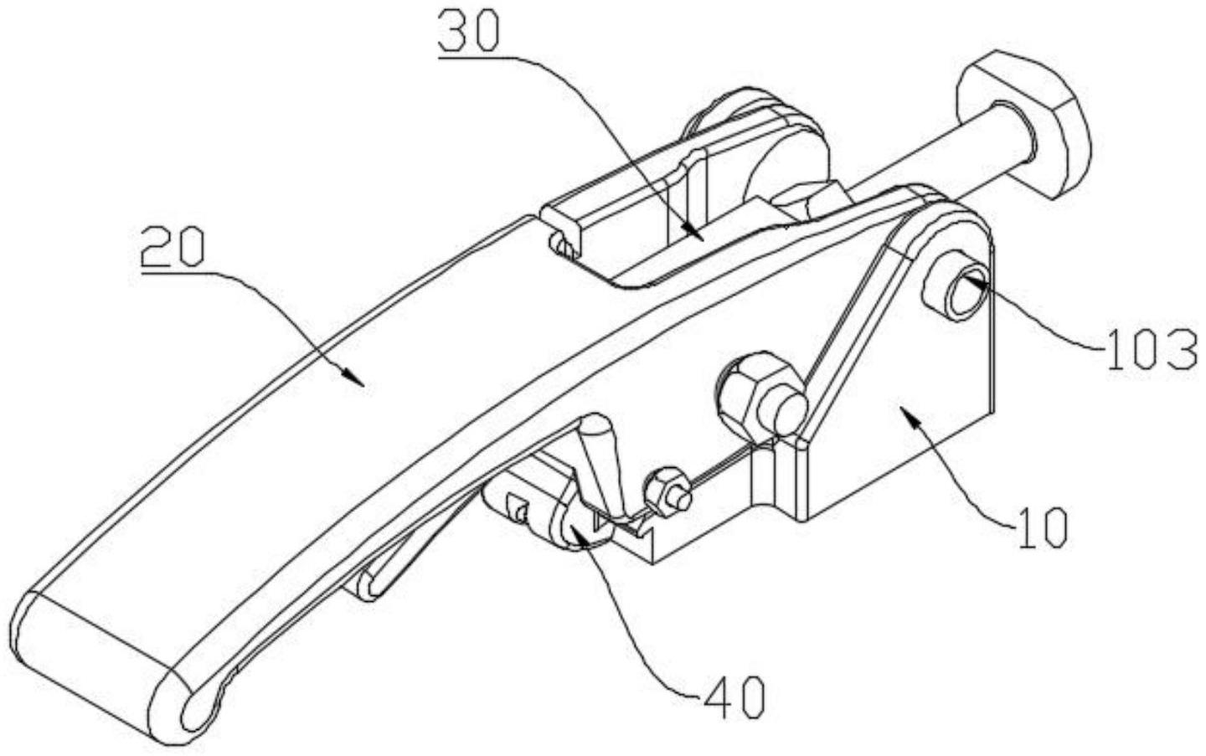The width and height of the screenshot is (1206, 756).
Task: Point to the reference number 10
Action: point(1044,527)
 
